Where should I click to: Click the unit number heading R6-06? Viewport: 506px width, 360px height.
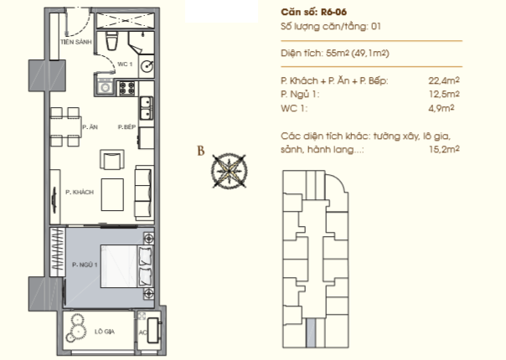(333, 12)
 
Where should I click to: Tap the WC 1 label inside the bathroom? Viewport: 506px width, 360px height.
(125, 64)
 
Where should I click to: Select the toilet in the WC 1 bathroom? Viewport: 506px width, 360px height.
(112, 41)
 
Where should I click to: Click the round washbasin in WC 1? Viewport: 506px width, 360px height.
(147, 66)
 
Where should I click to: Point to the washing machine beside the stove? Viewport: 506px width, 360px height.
(105, 86)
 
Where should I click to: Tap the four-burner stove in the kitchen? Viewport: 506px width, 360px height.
(127, 88)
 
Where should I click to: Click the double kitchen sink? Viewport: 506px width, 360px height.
(146, 108)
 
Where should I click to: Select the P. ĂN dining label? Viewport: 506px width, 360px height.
(90, 127)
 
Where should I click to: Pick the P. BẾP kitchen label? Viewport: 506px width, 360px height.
(126, 127)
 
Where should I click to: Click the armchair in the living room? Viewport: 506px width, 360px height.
(112, 159)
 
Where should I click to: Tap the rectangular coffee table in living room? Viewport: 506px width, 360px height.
(112, 194)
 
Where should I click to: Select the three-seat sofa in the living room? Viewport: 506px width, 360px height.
(144, 193)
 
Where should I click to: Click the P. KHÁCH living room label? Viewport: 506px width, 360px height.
(80, 193)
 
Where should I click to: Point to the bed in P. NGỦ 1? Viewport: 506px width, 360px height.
(126, 266)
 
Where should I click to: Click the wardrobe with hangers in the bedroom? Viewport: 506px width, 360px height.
(58, 252)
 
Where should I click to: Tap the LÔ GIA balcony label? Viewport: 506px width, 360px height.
(105, 332)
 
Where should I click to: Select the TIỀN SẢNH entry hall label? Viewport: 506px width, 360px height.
(76, 42)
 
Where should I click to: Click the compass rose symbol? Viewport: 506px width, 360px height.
(229, 171)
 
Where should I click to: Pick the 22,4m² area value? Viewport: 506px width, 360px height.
(444, 80)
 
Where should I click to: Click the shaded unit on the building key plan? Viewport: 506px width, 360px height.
(311, 333)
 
